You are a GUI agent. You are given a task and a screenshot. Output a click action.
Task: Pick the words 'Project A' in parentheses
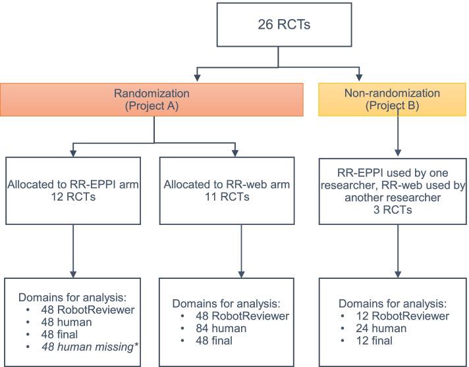pyautogui.click(x=154, y=106)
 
